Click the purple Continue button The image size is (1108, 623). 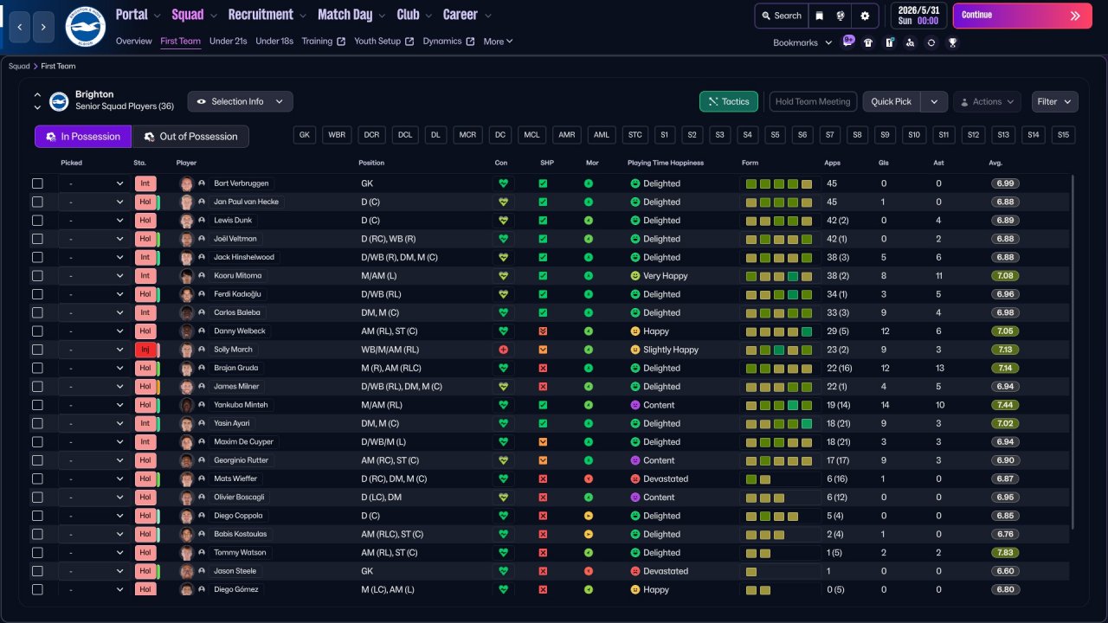point(1022,16)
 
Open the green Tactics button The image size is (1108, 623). point(728,101)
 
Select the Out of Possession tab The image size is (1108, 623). point(190,137)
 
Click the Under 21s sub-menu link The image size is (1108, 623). point(228,41)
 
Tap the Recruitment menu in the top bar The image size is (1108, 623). point(261,15)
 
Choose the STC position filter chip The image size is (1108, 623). point(635,134)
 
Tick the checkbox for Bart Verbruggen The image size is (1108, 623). point(37,183)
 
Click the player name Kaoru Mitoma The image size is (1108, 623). point(237,275)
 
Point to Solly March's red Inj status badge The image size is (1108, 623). point(145,350)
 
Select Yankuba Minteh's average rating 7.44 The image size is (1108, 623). point(1005,405)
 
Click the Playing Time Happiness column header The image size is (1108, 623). point(666,163)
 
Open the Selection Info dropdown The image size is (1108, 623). point(240,101)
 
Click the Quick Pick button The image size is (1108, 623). point(891,101)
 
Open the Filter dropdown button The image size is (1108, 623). point(1054,101)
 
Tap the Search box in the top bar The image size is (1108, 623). point(782,16)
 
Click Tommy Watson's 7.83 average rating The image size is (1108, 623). point(1005,552)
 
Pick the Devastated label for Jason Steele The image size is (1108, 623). point(666,571)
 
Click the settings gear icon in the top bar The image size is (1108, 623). point(865,16)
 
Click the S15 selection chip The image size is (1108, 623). point(1063,134)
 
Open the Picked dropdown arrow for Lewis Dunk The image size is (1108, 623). point(119,220)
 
